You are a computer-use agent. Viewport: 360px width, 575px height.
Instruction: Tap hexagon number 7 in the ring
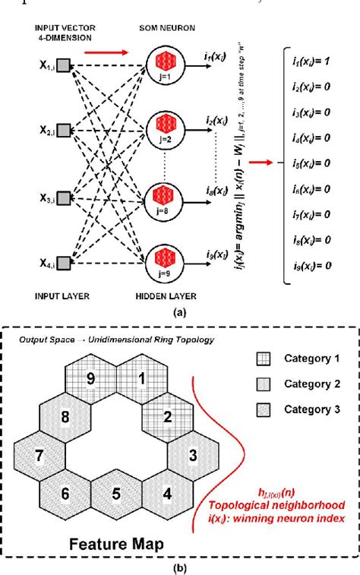[x=37, y=456]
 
